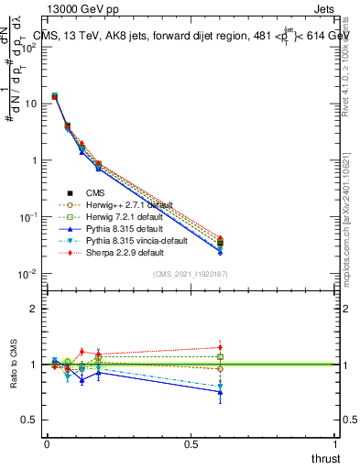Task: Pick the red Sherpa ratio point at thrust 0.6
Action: pyautogui.click(x=220, y=347)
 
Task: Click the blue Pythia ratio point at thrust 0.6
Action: pyautogui.click(x=220, y=392)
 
